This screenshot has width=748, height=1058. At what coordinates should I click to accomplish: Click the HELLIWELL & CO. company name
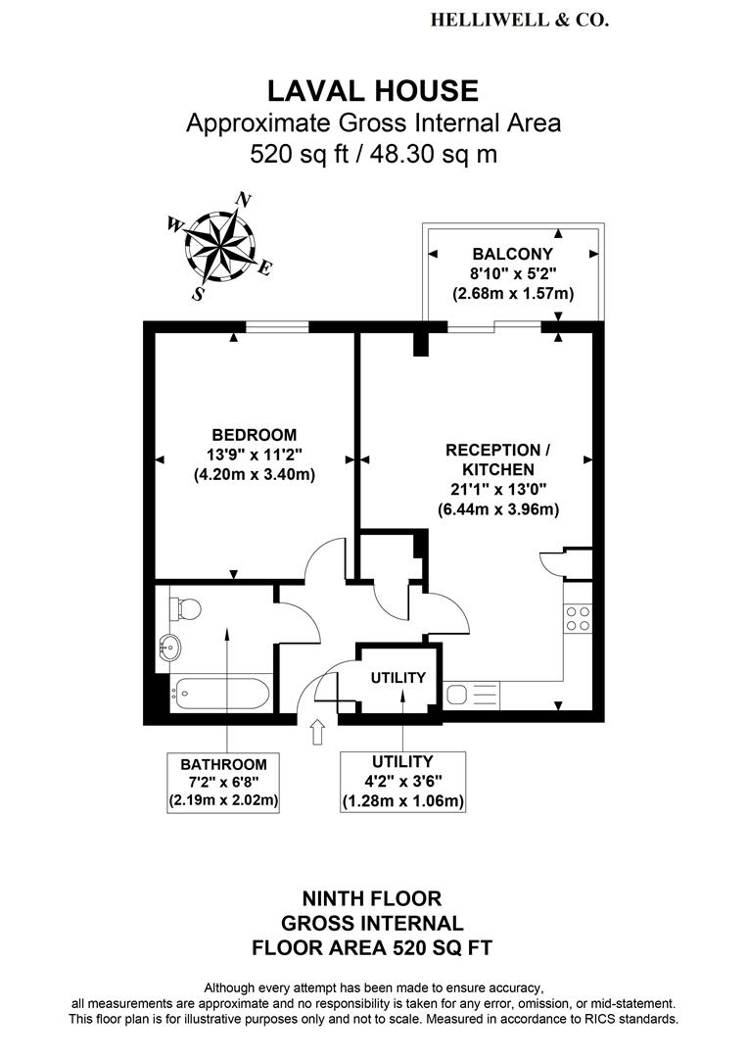pyautogui.click(x=519, y=21)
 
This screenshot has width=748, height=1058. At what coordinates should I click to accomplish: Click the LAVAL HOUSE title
pyautogui.click(x=373, y=90)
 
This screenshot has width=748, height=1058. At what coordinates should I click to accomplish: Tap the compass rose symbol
pyautogui.click(x=220, y=246)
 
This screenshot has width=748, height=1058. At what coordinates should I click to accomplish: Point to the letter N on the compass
pyautogui.click(x=244, y=200)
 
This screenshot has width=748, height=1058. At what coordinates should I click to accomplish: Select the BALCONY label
pyautogui.click(x=513, y=255)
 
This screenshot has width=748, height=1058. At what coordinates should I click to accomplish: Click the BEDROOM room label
pyautogui.click(x=255, y=435)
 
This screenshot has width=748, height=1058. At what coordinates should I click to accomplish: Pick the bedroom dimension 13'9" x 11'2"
pyautogui.click(x=255, y=455)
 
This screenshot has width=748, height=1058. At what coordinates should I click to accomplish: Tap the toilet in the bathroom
pyautogui.click(x=185, y=608)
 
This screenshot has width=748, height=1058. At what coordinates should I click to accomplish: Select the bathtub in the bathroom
pyautogui.click(x=220, y=693)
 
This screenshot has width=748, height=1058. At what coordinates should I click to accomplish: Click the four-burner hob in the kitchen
pyautogui.click(x=578, y=618)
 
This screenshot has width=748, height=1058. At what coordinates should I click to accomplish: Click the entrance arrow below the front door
pyautogui.click(x=317, y=732)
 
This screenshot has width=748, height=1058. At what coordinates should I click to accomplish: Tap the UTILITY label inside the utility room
pyautogui.click(x=397, y=678)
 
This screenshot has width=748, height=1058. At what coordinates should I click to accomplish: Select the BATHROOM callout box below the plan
pyautogui.click(x=223, y=783)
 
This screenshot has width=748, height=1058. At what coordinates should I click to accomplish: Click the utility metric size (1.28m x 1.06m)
pyautogui.click(x=403, y=801)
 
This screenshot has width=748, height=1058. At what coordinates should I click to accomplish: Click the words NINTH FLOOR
pyautogui.click(x=372, y=898)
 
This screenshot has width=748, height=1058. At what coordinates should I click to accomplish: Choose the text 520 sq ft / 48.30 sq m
pyautogui.click(x=374, y=154)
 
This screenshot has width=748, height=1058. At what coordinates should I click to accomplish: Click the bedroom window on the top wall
pyautogui.click(x=277, y=327)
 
